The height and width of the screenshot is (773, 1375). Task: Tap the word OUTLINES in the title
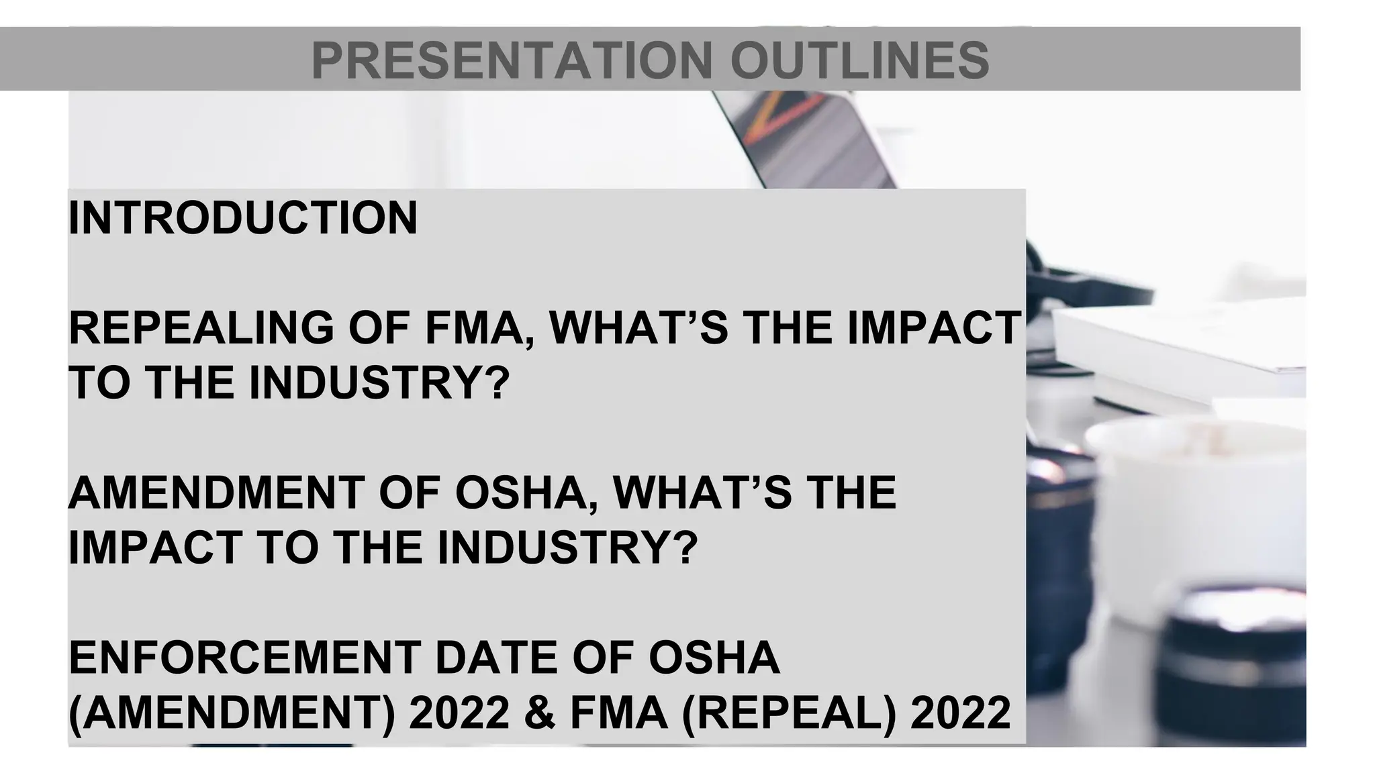[859, 60]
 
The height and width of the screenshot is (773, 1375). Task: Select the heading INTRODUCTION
[243, 218]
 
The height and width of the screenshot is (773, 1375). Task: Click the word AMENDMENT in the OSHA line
[216, 493]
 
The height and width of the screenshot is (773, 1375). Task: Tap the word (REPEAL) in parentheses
[789, 713]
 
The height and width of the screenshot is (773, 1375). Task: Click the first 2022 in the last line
[459, 713]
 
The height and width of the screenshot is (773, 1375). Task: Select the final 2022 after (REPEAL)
[960, 713]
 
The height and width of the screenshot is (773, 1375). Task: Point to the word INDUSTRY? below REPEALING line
[380, 383]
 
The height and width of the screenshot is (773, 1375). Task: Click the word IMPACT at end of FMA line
[935, 328]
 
